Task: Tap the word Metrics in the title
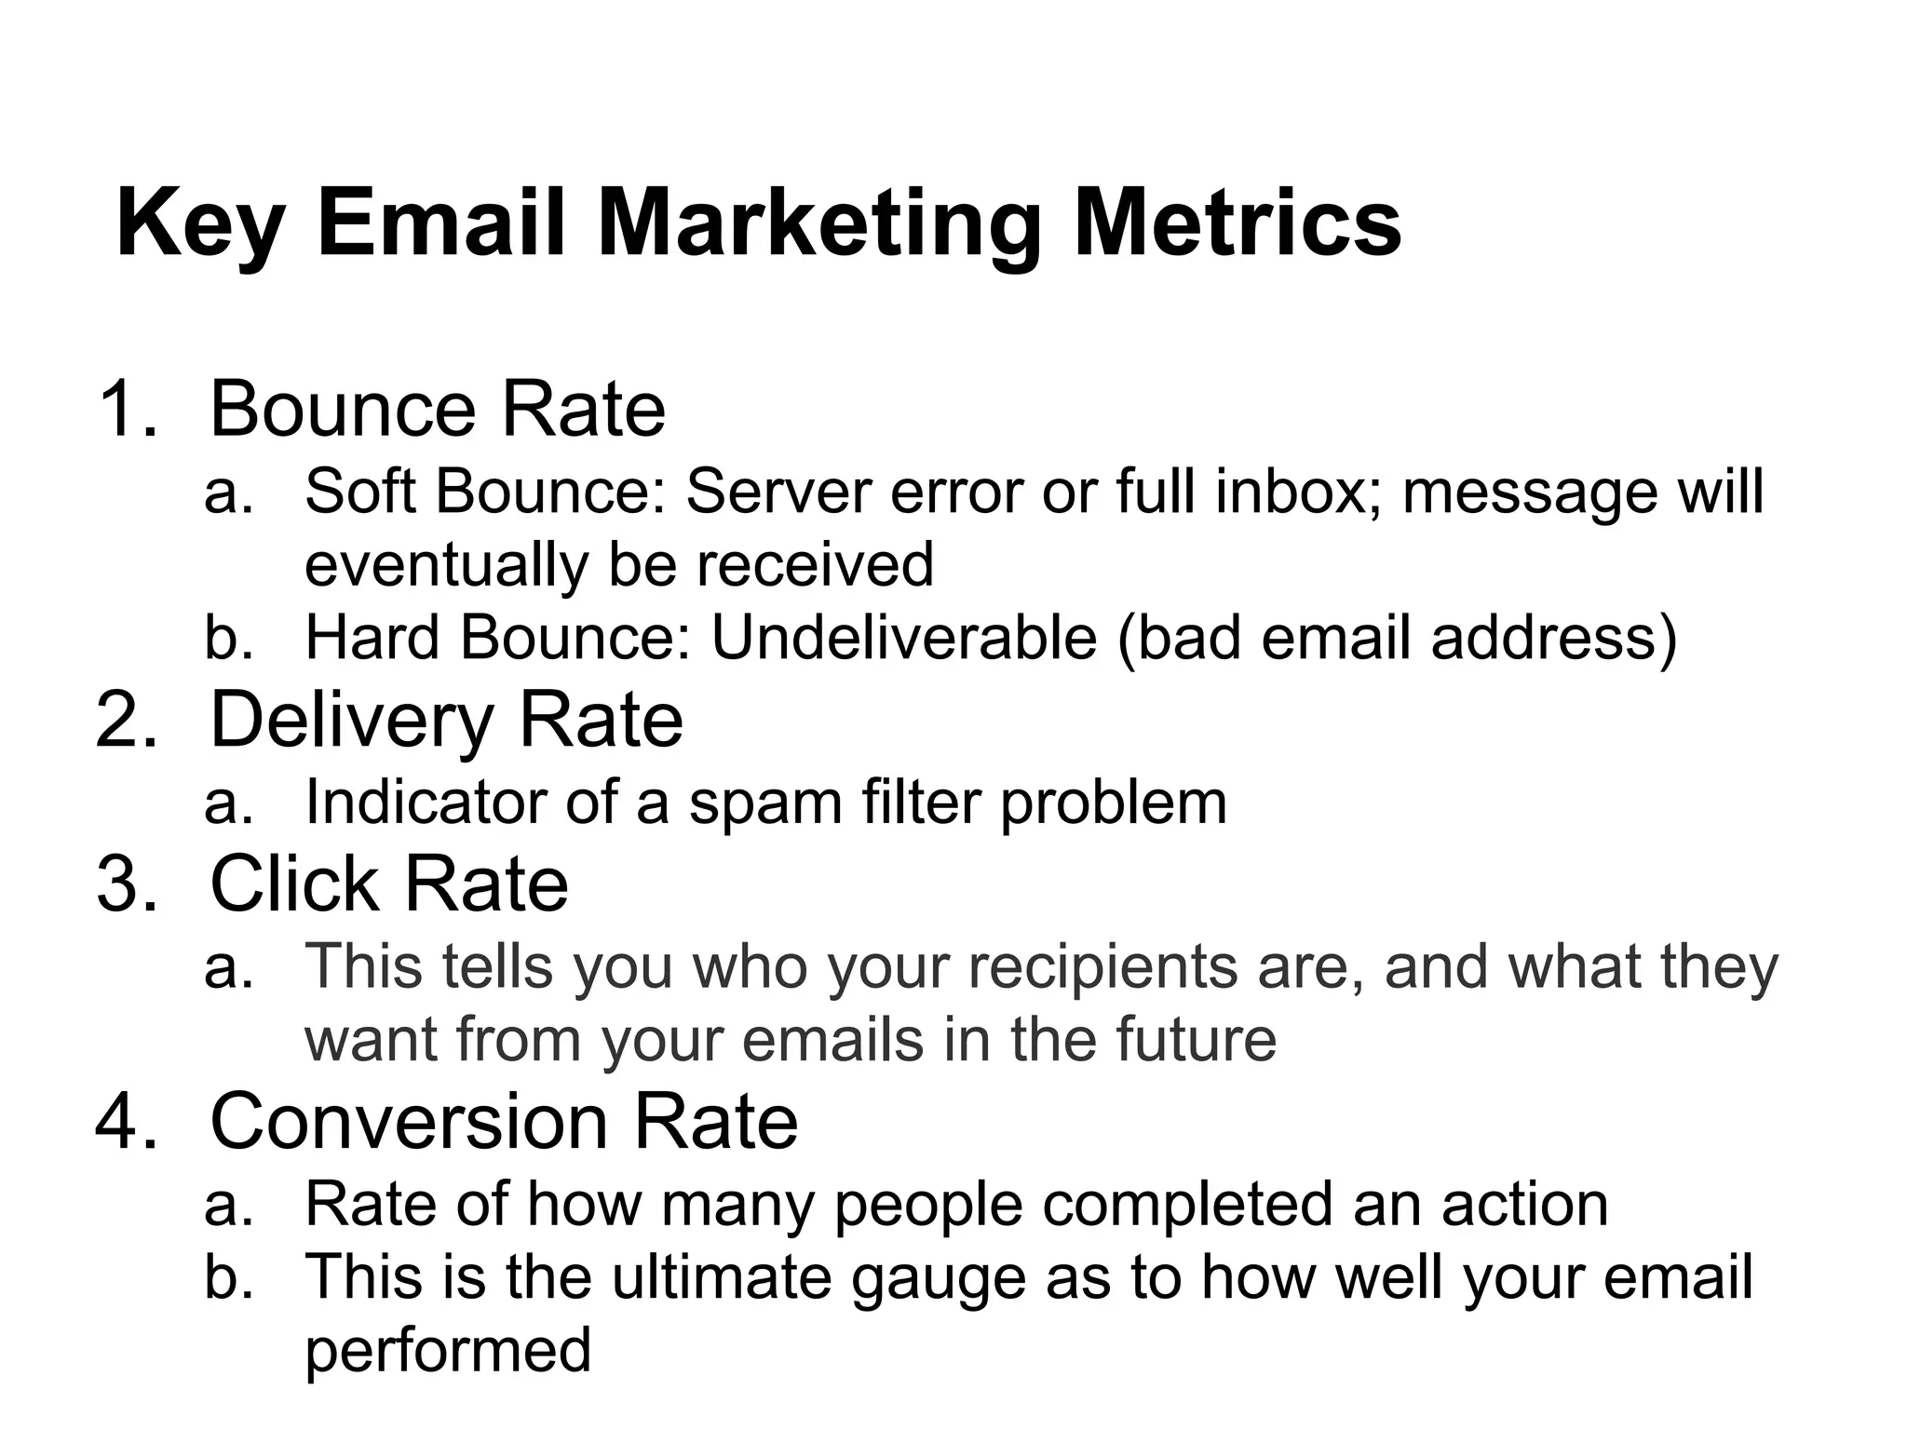pos(1238,223)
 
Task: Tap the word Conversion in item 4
pos(410,1120)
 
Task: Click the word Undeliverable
pos(903,638)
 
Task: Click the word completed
pos(1188,1205)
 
